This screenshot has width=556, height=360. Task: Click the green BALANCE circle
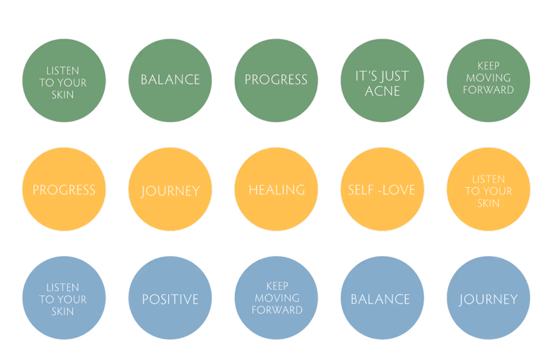point(170,80)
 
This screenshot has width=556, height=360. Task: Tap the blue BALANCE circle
point(382,298)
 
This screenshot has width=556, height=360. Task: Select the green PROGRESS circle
point(276,80)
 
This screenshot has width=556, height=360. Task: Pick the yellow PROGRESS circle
point(64,189)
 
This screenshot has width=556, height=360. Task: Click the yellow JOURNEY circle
point(170,189)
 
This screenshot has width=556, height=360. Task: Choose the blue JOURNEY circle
point(488,298)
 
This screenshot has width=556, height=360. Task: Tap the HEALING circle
point(276,189)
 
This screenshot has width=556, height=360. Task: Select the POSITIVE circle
point(170,298)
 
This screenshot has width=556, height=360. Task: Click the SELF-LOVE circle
point(382,189)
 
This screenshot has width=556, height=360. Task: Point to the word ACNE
point(382,91)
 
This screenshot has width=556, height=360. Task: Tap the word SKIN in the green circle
point(63,95)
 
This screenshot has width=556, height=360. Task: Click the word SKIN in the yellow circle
point(488,203)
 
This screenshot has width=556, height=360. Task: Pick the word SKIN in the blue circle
point(63,311)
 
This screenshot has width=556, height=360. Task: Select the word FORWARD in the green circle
point(488,90)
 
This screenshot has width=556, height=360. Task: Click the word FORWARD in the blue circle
point(277,310)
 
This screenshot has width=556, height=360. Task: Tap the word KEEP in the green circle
point(488,66)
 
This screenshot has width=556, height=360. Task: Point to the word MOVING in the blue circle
point(277,298)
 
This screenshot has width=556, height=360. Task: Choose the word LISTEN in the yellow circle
point(488,179)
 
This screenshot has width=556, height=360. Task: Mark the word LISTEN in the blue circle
point(63,287)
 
